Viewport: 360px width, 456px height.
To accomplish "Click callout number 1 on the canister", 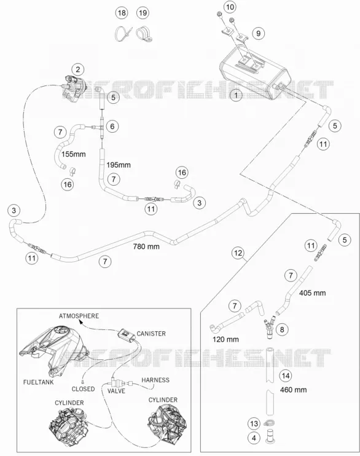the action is click(236, 95).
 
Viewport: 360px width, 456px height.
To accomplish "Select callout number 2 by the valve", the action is click(77, 69).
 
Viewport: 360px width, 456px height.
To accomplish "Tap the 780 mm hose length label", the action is click(146, 246).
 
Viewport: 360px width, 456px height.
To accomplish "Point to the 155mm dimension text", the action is click(74, 154).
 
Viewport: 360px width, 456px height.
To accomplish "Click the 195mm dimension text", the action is click(119, 165).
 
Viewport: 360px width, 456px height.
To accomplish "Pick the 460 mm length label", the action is click(293, 390).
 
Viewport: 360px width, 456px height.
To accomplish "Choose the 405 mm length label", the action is click(312, 293).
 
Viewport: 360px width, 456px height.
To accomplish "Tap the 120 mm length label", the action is click(225, 339).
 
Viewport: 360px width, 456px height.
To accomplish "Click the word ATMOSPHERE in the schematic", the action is click(79, 316).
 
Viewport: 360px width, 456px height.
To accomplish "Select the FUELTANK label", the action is click(38, 382).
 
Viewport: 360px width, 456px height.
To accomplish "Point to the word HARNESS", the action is click(155, 380).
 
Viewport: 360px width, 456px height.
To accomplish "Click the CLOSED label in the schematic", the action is click(83, 389).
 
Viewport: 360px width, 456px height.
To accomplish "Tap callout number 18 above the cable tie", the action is click(122, 13).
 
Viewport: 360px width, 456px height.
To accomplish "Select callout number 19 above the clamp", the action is click(143, 13).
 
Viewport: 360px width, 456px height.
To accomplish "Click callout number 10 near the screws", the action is click(230, 7).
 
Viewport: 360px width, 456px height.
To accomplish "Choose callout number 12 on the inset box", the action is click(238, 253).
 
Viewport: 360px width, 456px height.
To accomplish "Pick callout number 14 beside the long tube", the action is click(286, 375).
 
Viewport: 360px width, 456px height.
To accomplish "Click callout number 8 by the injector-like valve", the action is click(281, 329).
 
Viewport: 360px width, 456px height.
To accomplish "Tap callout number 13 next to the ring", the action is click(254, 423).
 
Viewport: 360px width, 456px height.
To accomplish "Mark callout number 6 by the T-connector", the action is click(112, 126).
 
